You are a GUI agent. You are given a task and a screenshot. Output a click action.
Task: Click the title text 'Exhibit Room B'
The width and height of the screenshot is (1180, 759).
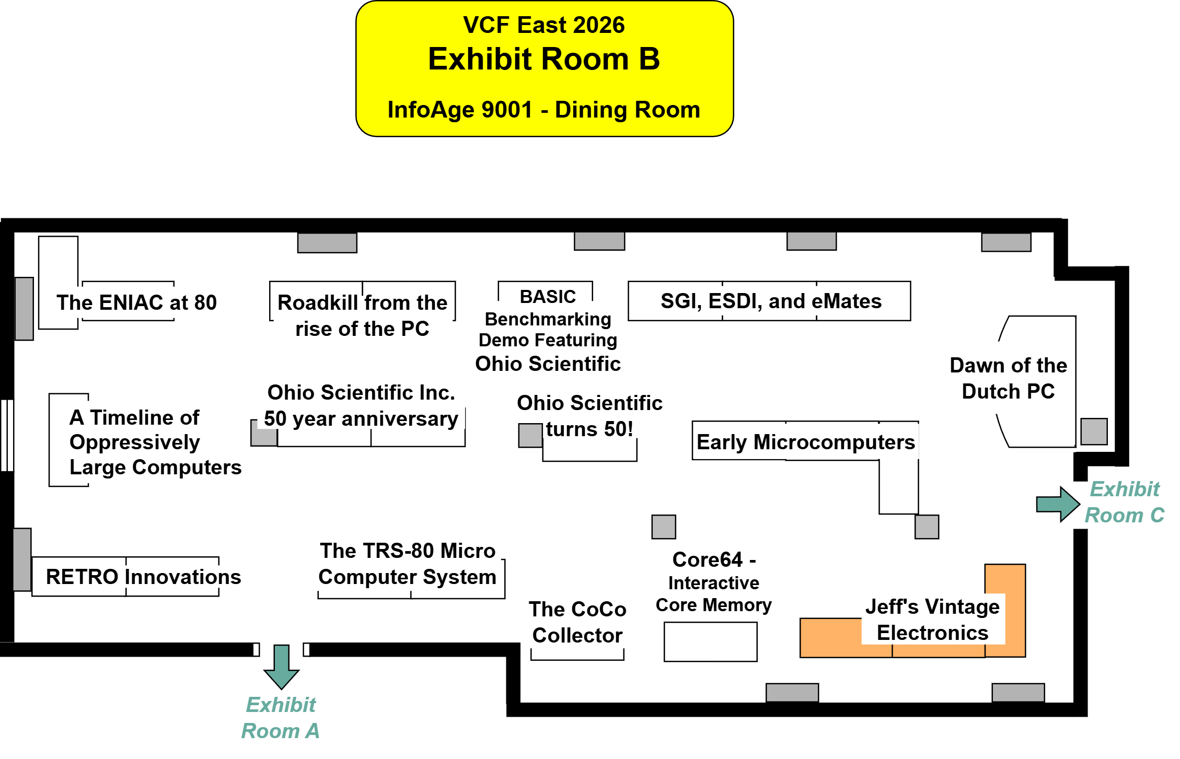click(x=544, y=59)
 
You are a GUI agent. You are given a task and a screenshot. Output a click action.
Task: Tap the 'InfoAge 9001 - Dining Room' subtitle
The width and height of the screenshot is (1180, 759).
click(x=543, y=110)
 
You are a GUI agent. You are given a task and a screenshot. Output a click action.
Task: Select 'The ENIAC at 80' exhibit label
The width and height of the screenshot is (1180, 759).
click(x=136, y=303)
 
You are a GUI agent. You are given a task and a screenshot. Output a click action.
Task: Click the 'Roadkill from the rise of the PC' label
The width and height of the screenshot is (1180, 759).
click(x=362, y=316)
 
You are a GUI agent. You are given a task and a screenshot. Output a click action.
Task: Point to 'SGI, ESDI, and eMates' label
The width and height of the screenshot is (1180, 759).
click(x=771, y=301)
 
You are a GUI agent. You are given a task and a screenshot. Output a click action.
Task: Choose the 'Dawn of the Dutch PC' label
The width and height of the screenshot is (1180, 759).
click(x=1008, y=378)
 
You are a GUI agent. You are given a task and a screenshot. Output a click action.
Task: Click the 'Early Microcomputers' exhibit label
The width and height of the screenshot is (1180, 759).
click(x=805, y=442)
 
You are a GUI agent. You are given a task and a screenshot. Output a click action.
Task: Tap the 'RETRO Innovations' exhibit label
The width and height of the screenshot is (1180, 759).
click(x=143, y=577)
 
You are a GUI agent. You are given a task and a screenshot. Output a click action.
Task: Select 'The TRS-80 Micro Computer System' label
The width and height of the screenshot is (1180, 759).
click(x=408, y=564)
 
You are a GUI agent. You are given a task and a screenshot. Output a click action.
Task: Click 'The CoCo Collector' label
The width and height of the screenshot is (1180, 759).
click(x=577, y=623)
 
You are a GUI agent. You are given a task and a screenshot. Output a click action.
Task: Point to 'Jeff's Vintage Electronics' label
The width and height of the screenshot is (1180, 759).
click(x=932, y=620)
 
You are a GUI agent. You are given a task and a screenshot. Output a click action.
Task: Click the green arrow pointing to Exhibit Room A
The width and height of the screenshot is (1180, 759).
click(x=282, y=666)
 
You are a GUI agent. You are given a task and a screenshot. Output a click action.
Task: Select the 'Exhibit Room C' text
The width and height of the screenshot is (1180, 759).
click(x=1125, y=503)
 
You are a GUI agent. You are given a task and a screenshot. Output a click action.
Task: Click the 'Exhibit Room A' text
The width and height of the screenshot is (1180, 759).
click(x=281, y=718)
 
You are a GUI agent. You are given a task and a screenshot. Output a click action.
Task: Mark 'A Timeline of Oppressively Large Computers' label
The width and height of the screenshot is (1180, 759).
click(x=155, y=442)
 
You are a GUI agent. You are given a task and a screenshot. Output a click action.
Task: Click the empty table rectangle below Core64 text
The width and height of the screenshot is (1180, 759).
click(x=710, y=642)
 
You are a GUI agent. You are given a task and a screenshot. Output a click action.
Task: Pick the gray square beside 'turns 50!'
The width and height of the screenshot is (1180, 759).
click(x=530, y=436)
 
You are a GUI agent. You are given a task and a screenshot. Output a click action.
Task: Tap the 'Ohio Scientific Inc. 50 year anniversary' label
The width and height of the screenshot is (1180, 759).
click(x=361, y=406)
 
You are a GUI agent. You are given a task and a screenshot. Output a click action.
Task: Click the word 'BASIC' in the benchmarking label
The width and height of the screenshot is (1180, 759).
click(x=548, y=297)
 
